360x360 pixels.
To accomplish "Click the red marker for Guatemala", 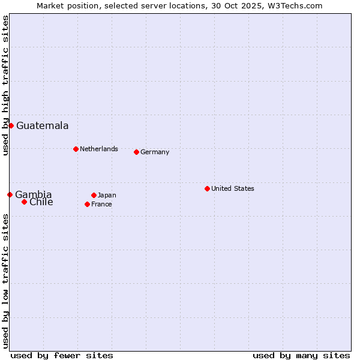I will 11,125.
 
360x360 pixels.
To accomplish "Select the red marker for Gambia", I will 10,194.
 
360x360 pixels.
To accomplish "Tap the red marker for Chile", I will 24,202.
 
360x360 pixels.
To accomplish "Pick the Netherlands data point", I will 76,149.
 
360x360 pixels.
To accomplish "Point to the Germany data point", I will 136,152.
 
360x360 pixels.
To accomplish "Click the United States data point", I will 207,188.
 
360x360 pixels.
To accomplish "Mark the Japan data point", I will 94,195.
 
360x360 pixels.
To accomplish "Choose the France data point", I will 87,204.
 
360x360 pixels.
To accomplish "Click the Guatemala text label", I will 42,125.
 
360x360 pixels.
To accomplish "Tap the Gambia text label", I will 34,194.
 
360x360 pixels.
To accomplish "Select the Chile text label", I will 41,202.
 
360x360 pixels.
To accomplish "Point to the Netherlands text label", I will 99,149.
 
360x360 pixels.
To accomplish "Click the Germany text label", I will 155,152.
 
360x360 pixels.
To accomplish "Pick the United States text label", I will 233,188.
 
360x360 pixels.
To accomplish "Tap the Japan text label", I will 107,195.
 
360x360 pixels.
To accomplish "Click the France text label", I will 101,204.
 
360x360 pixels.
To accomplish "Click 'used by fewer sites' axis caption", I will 62,355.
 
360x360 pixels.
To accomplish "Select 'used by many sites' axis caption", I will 301,355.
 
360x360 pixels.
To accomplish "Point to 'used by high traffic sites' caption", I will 5,85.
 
